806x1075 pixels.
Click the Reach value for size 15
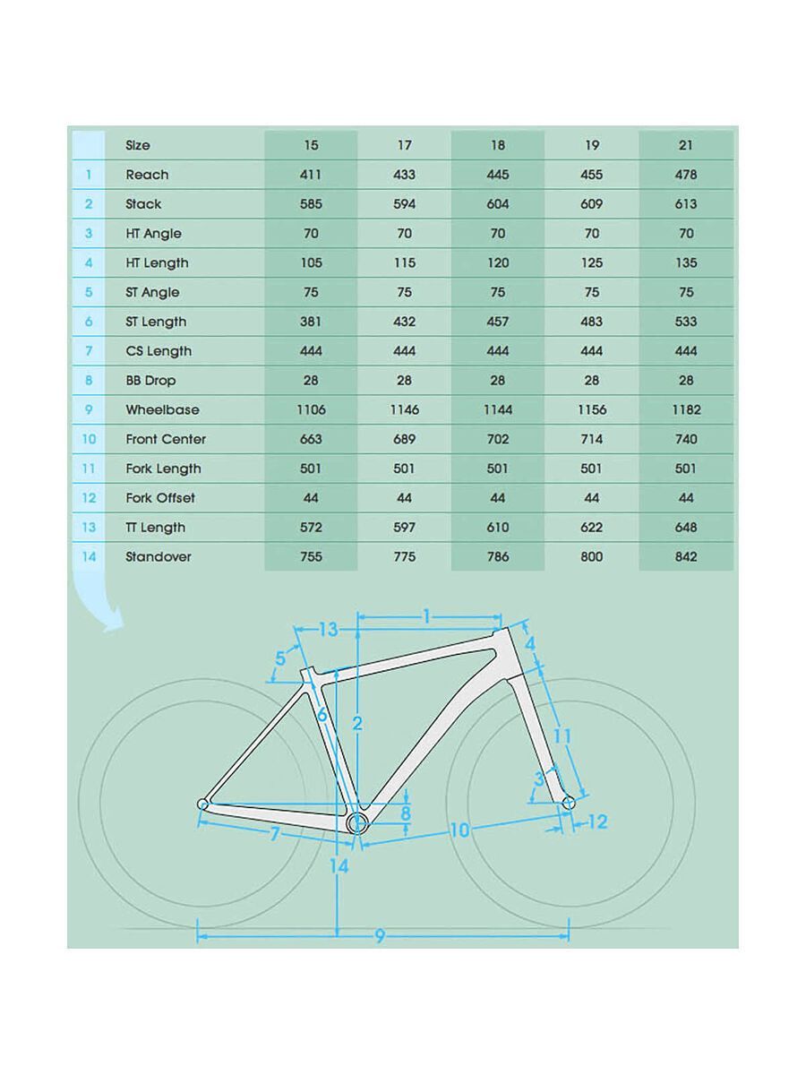[311, 175]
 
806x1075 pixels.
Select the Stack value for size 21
[686, 204]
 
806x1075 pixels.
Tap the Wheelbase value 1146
[404, 410]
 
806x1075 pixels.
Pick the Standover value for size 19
[591, 557]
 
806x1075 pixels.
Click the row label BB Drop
[150, 381]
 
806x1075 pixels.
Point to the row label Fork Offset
[160, 498]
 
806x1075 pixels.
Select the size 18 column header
[498, 145]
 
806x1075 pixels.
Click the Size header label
[138, 145]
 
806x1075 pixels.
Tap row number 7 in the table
[89, 351]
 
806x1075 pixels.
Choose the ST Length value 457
[498, 322]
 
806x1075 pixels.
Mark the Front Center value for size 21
[686, 440]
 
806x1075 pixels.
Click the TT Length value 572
[311, 528]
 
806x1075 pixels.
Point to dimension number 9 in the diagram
[380, 936]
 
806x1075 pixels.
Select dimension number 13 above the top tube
[328, 630]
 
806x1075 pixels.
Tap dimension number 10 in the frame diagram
[459, 830]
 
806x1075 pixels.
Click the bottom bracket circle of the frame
[357, 823]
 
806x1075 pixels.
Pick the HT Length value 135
[686, 263]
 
